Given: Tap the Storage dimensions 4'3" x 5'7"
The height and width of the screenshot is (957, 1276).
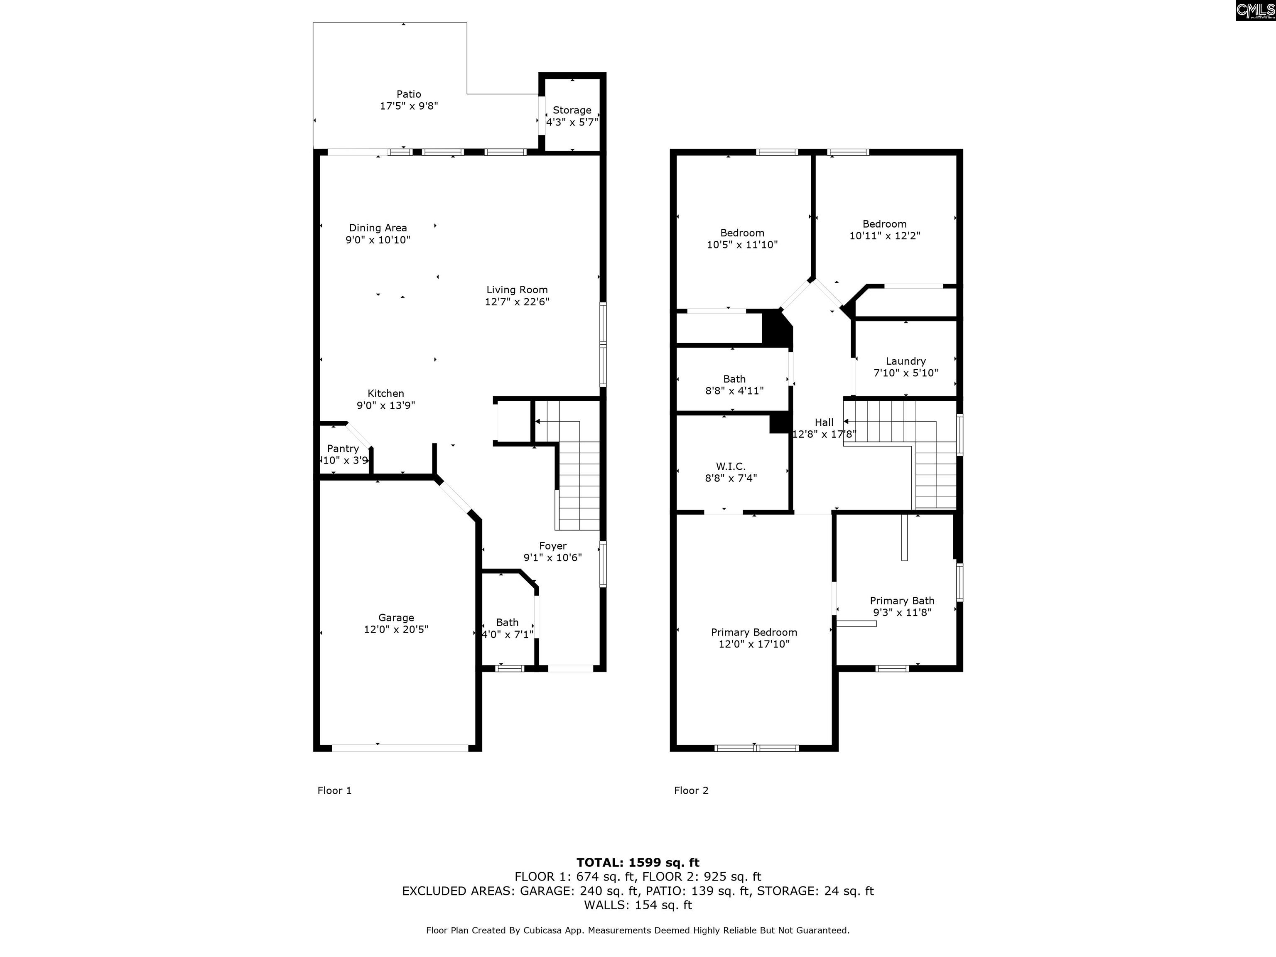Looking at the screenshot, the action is point(572,122).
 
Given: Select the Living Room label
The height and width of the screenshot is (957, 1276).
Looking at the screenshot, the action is point(517,290).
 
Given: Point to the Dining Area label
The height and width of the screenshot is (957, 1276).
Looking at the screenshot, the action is point(378,228).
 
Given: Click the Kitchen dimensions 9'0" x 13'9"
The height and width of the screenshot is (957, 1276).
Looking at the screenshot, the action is point(386,405).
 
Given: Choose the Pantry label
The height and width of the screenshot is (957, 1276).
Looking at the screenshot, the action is point(343,448).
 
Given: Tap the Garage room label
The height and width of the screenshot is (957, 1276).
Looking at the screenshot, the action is point(396,617).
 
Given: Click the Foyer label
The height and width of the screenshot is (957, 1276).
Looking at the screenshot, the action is point(552,546).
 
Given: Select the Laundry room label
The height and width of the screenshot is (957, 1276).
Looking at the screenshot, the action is point(905,361).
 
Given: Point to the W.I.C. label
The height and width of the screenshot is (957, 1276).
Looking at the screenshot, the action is point(731,466).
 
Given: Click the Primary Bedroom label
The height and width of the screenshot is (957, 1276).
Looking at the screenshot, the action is point(754,632).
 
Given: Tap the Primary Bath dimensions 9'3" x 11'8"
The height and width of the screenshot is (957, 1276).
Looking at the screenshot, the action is point(902,613).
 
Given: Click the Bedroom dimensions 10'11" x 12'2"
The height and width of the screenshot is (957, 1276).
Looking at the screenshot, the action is point(885,236).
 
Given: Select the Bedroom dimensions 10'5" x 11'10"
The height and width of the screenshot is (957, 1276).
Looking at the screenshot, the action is point(742,245).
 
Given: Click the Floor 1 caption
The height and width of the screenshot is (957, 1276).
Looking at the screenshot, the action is point(334,790).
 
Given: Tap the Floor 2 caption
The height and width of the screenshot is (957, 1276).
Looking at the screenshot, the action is point(691,790).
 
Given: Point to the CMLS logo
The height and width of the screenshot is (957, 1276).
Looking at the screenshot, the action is point(1255,10).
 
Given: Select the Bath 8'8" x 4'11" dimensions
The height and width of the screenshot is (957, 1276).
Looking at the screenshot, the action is point(734,390).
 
